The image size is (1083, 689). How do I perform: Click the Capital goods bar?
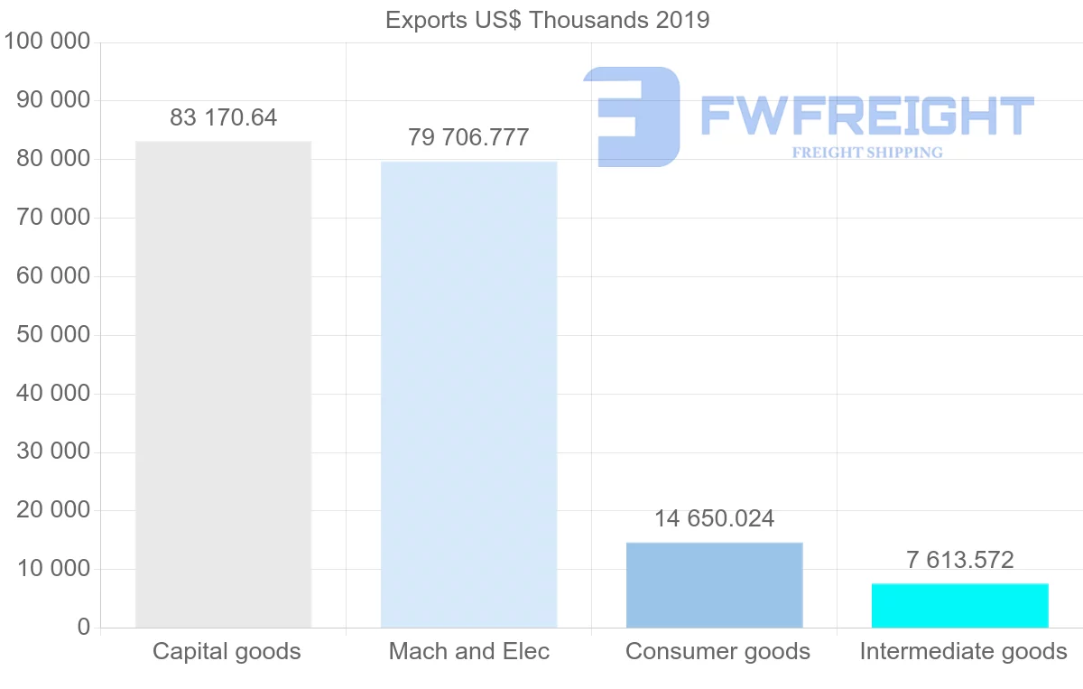coord(223,384)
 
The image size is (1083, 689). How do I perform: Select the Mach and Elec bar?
coord(468,395)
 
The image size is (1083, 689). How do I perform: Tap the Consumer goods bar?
coord(714,584)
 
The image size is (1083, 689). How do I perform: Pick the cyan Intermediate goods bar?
coord(959,605)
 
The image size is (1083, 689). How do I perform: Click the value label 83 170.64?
coord(223,117)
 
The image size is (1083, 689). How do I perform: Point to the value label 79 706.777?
coord(468,137)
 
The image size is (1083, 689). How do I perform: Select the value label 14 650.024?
coord(714,519)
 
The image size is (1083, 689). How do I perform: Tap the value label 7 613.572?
coord(959,560)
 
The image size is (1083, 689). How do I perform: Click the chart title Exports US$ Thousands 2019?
coord(547,20)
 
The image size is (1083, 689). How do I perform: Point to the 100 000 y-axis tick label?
coord(48,42)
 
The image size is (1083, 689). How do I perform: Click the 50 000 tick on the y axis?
coord(53,335)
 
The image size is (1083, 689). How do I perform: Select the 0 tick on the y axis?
coord(84,628)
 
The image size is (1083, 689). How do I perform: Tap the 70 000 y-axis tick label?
coord(53,218)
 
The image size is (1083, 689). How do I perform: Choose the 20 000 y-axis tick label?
coord(53,510)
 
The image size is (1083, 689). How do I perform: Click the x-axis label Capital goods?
coord(227,651)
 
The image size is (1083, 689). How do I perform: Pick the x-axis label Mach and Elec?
coord(468,651)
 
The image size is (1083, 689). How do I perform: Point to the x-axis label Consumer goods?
coord(717,651)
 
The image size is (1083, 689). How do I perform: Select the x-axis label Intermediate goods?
coord(963,651)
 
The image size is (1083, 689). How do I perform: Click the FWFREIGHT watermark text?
coord(866,116)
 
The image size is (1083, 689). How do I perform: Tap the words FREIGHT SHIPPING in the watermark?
coord(866,153)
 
